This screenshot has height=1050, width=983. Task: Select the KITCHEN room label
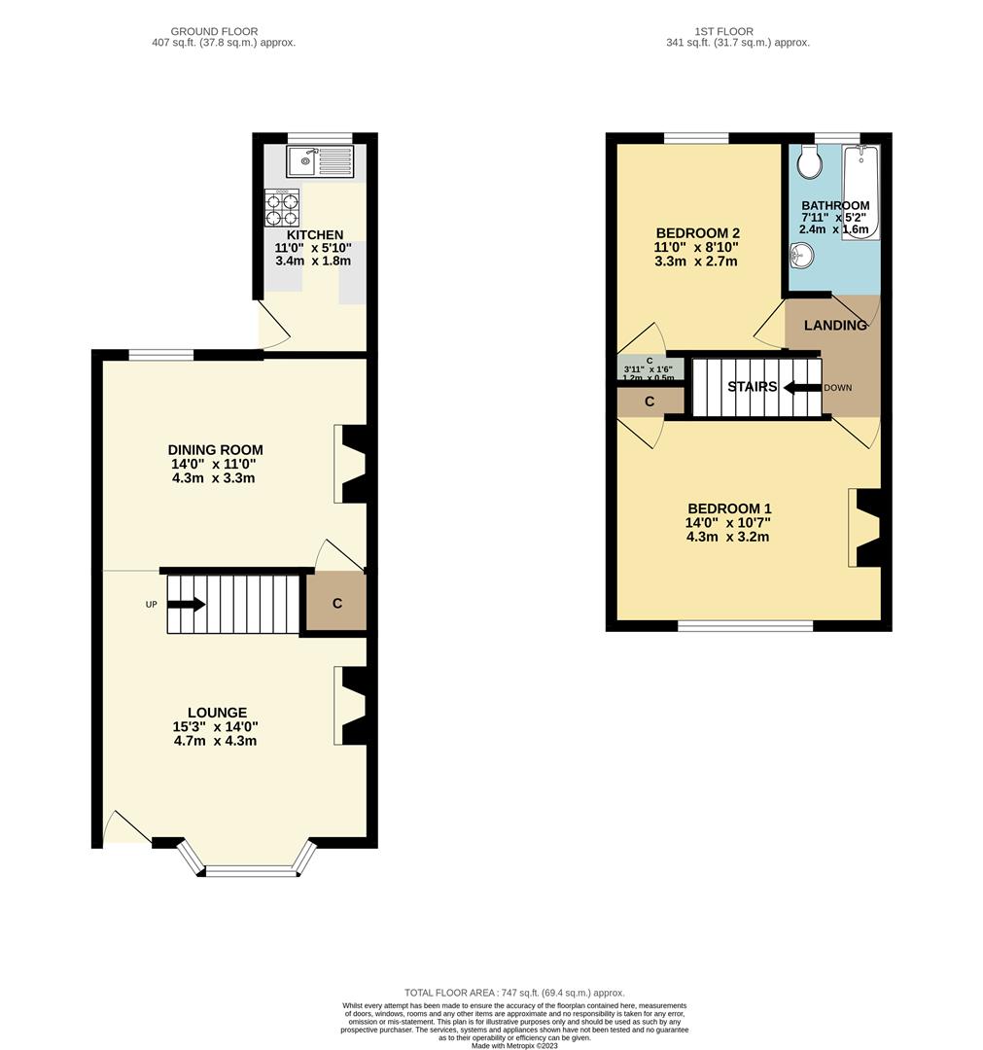314,235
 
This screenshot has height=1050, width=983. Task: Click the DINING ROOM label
215,450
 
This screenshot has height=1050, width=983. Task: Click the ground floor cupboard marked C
336,604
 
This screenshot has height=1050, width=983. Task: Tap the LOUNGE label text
218,713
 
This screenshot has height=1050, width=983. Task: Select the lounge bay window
249,870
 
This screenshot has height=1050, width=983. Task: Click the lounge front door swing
126,827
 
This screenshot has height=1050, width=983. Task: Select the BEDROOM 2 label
697,233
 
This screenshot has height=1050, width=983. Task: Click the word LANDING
835,326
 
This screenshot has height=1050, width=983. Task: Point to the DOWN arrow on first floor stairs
801,387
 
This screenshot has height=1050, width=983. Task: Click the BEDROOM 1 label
728,508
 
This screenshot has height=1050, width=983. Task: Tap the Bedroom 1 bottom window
744,626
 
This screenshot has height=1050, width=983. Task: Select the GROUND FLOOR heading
214,31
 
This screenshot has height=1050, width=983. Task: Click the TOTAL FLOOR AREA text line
514,993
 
